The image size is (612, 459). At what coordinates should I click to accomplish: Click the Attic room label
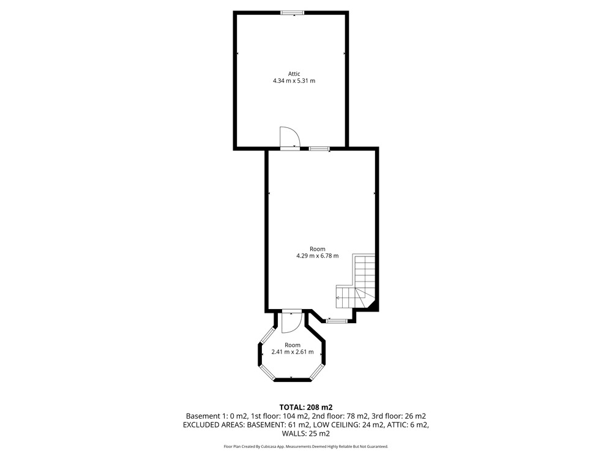[x=294, y=74]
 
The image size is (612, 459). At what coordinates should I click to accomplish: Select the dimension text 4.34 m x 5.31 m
[x=294, y=81]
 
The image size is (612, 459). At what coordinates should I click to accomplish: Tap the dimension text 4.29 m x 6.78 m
[x=317, y=256]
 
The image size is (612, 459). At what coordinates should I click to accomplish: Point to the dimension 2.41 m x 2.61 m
[x=293, y=352]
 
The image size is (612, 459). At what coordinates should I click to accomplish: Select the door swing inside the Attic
[x=289, y=136]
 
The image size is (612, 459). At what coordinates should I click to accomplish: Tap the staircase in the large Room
[x=356, y=281]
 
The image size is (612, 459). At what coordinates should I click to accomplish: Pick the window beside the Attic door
[x=319, y=148]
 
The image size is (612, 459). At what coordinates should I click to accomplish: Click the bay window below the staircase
[x=337, y=321]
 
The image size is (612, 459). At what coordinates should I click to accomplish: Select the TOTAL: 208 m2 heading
[x=305, y=408]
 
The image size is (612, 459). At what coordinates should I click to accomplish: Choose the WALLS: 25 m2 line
[x=305, y=433]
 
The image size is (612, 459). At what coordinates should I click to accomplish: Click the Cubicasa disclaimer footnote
[x=305, y=446]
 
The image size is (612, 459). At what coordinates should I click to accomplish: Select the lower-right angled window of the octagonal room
[x=316, y=371]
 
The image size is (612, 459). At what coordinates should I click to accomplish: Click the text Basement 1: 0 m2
[x=217, y=416]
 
